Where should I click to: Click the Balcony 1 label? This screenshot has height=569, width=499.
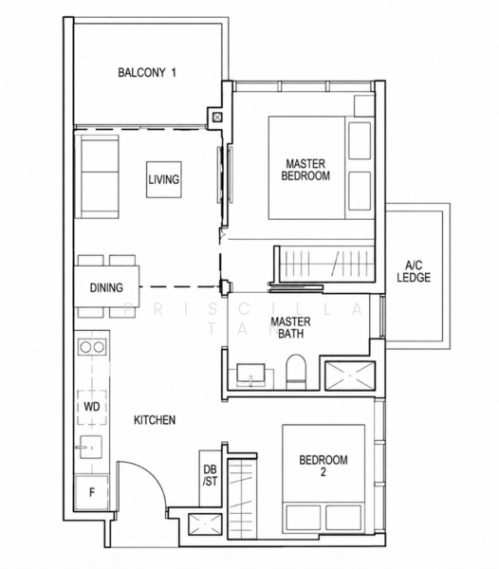click(x=147, y=73)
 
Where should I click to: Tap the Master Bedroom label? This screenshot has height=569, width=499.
click(x=305, y=170)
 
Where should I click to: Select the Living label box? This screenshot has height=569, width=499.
click(x=164, y=179)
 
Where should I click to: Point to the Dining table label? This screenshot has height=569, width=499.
click(x=106, y=287)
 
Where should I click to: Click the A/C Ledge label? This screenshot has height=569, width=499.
click(x=414, y=271)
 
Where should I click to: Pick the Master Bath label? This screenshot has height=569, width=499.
click(x=290, y=328)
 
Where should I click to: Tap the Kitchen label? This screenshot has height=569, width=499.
click(x=155, y=420)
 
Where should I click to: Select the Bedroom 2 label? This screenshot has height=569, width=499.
click(x=323, y=466)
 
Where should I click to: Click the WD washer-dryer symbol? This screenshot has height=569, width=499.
click(x=92, y=407)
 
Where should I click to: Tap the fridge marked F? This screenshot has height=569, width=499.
click(x=92, y=492)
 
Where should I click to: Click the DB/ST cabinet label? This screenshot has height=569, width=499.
click(x=210, y=475)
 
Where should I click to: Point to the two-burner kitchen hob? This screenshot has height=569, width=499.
click(x=92, y=347)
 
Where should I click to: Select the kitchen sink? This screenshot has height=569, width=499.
click(x=90, y=447)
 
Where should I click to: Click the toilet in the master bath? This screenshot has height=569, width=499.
click(x=296, y=372)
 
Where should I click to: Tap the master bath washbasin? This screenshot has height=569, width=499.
click(x=250, y=375)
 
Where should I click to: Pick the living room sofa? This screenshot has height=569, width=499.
click(x=97, y=176)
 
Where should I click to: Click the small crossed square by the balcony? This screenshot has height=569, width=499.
click(x=217, y=118)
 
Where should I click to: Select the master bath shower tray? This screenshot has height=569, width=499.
click(x=349, y=376)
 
